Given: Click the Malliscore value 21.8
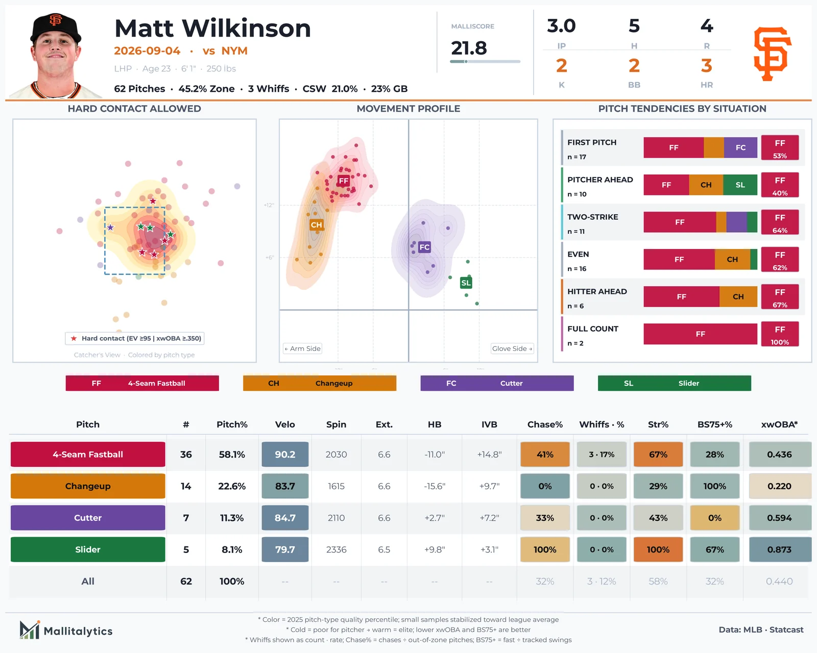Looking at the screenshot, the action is [x=468, y=48].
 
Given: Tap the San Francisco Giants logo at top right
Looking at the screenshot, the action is [x=772, y=54].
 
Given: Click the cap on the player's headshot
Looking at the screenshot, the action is [x=56, y=28].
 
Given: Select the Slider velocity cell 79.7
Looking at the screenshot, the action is [x=285, y=549].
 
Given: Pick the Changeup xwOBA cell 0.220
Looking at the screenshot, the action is [x=779, y=486].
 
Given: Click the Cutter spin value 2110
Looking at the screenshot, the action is [x=336, y=518].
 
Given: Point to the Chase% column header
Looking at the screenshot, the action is [x=545, y=424].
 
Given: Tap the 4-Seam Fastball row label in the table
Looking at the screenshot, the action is [x=88, y=454].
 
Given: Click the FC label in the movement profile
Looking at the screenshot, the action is [x=424, y=247].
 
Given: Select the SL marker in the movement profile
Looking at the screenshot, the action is [x=466, y=283].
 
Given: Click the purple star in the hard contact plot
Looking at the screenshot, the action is [x=110, y=228].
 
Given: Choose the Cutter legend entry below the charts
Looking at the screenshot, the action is [x=497, y=383].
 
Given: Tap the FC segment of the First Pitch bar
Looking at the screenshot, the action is [x=740, y=147].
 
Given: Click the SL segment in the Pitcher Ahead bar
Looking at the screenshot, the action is [x=740, y=185].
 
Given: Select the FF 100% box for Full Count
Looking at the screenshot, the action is [x=780, y=334].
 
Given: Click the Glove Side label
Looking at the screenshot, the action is [x=512, y=348].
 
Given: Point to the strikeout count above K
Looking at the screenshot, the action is [x=562, y=66].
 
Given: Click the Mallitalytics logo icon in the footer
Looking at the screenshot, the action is [x=30, y=630].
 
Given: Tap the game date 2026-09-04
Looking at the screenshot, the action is [x=147, y=51].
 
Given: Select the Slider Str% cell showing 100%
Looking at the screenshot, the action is [x=658, y=549].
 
